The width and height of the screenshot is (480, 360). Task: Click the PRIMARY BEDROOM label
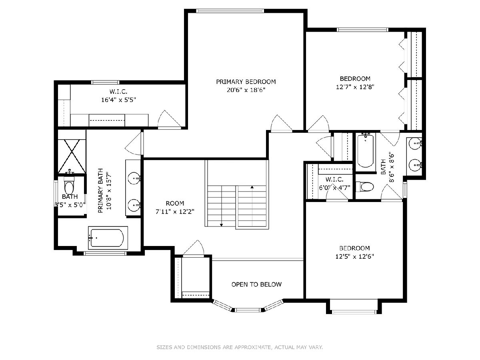(x=246, y=82)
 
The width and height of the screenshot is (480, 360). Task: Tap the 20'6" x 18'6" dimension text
(x=246, y=90)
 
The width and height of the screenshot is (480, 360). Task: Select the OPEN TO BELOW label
(x=256, y=284)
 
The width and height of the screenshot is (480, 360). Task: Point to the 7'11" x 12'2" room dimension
(x=175, y=212)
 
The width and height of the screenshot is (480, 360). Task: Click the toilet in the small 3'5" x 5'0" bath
(x=69, y=185)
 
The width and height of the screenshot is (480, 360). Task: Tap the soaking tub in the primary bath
(x=108, y=238)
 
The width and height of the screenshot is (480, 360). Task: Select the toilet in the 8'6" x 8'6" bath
(x=365, y=187)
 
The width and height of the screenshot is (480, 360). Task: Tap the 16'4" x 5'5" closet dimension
(x=118, y=100)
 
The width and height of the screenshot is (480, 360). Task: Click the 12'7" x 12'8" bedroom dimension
(x=355, y=87)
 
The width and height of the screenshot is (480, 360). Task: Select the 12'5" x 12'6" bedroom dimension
(x=355, y=256)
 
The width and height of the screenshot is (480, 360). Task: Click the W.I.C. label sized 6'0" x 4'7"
(x=334, y=180)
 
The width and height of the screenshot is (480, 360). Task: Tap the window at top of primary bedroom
(x=230, y=11)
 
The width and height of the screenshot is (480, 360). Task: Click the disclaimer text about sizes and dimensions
(x=240, y=347)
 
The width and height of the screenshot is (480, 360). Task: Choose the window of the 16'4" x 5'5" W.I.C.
(x=105, y=82)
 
